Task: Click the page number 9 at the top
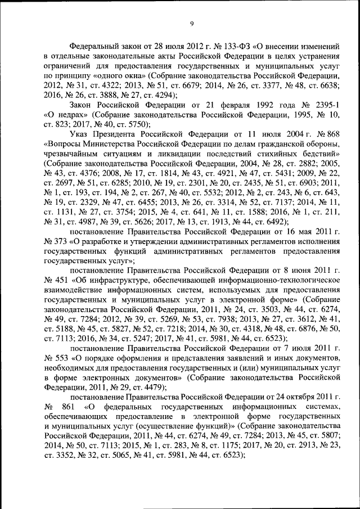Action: [191, 23]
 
